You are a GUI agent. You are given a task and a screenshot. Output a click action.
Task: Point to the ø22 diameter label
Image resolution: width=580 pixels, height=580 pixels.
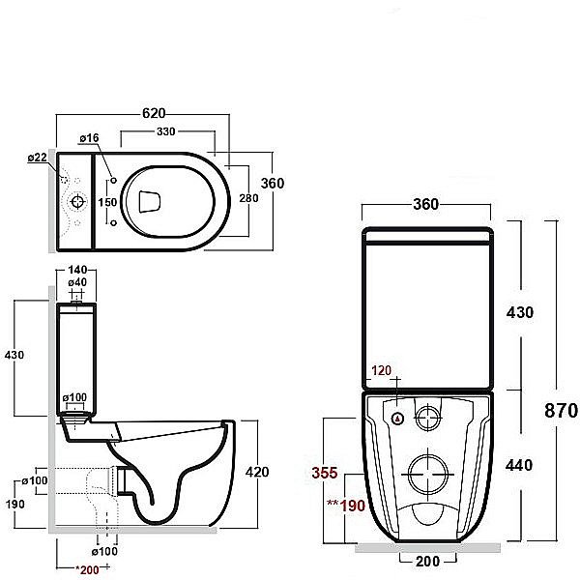click(37, 158)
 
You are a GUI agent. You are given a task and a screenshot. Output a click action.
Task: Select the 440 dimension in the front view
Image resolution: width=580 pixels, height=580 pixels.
click(520, 465)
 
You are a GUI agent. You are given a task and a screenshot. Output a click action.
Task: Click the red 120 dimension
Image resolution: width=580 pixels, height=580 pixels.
click(383, 370)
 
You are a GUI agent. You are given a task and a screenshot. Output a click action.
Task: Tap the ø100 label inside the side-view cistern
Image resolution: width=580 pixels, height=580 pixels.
click(75, 397)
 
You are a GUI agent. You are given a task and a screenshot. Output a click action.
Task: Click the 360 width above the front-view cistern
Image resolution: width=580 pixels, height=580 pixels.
click(426, 204)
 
